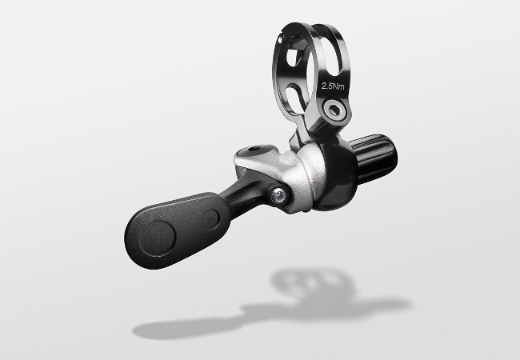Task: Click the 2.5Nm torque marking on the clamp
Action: click(x=333, y=86)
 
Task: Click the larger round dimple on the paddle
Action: click(x=157, y=238)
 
